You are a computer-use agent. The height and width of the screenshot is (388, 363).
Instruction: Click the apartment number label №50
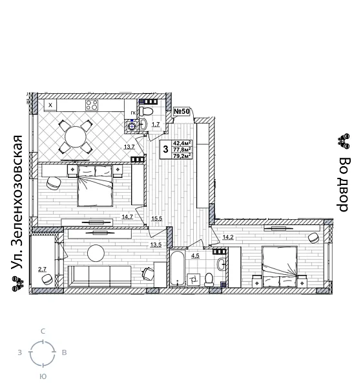(x=181, y=112)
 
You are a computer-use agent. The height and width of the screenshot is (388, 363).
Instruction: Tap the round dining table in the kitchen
(x=76, y=137)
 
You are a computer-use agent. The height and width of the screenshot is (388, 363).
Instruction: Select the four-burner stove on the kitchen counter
(x=92, y=105)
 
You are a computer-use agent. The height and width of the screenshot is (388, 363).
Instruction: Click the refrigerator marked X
(x=50, y=105)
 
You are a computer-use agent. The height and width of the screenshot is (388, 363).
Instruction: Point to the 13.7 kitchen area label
(x=129, y=147)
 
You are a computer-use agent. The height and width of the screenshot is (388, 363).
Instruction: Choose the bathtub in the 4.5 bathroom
(x=177, y=269)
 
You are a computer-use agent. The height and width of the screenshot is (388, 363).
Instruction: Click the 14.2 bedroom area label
(x=227, y=237)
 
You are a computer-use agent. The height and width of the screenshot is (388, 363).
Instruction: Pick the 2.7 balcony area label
(x=42, y=269)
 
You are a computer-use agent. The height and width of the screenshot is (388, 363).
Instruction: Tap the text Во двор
(x=344, y=184)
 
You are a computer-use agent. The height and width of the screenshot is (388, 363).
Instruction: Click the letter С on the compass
(x=43, y=331)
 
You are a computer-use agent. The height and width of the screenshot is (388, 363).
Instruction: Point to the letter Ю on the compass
(x=43, y=376)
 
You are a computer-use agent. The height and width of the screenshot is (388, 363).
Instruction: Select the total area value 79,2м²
(x=181, y=156)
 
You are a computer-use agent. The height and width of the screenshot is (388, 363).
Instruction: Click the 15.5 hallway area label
(x=156, y=219)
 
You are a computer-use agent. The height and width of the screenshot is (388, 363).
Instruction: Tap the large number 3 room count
(x=165, y=149)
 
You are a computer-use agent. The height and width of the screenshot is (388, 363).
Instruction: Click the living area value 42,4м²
(x=181, y=143)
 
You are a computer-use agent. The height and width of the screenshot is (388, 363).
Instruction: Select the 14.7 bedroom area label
(x=127, y=217)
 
